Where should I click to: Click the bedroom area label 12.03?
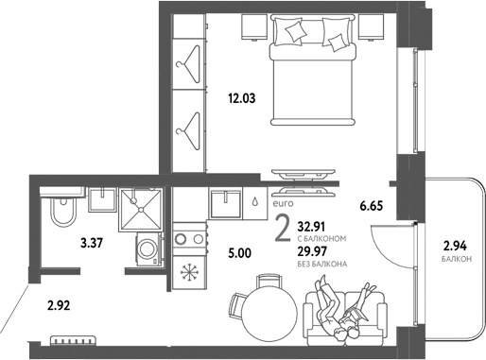pyautogui.click(x=243, y=96)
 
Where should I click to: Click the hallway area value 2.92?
pyautogui.click(x=61, y=306)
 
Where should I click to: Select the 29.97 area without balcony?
pyautogui.click(x=316, y=250)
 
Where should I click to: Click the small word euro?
pyautogui.click(x=282, y=202)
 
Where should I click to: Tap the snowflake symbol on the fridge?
pyautogui.click(x=187, y=274)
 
